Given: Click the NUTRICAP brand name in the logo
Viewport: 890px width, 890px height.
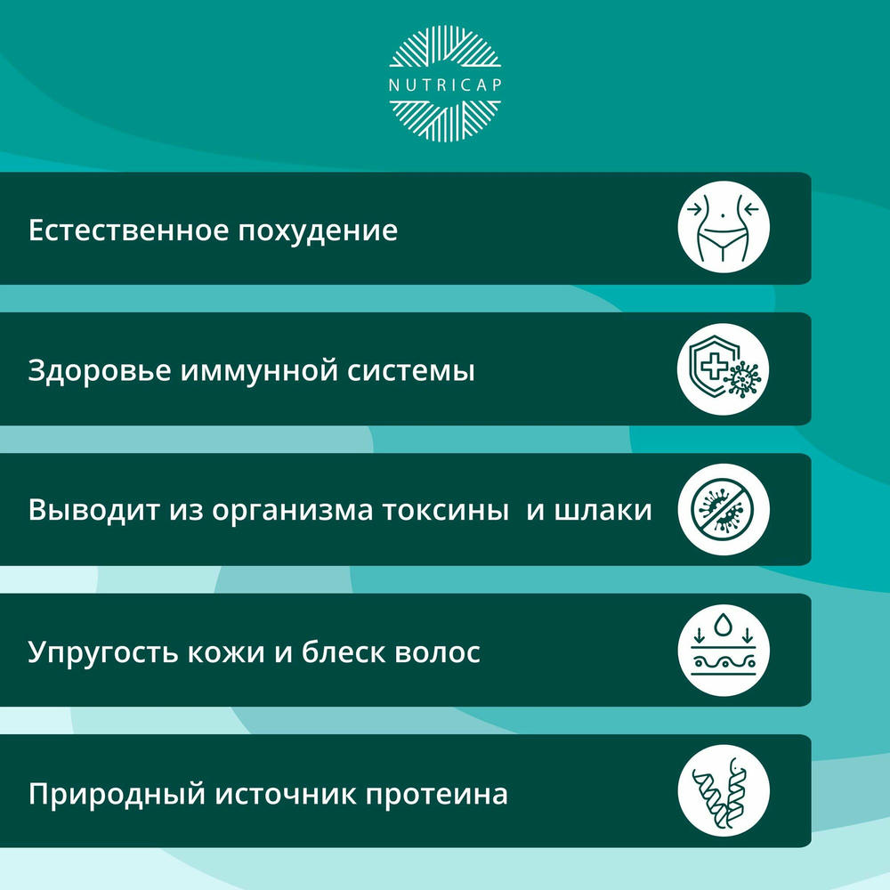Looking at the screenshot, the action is pos(445,85).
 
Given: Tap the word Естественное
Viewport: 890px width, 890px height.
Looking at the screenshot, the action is pos(128,231).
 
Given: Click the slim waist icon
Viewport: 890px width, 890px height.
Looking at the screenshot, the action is pos(723,227).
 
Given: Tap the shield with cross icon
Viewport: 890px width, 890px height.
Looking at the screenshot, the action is pos(723,368).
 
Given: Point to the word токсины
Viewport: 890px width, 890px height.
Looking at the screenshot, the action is pos(445,511).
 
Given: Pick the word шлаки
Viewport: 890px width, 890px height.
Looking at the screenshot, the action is pos(603,511).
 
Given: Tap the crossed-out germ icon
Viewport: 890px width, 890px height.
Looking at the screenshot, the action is pos(723,509).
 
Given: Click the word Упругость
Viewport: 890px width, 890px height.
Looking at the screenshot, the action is pos(102,653).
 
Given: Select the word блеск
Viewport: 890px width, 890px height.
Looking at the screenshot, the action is pos(344,652).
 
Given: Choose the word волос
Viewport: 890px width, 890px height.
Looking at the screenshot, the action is pos(438,653).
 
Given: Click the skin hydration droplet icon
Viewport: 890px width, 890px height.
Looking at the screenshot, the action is pos(723,651).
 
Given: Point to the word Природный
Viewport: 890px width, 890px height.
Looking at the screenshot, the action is pos(117,795).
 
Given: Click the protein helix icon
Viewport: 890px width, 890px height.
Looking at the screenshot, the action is pos(723,791).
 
